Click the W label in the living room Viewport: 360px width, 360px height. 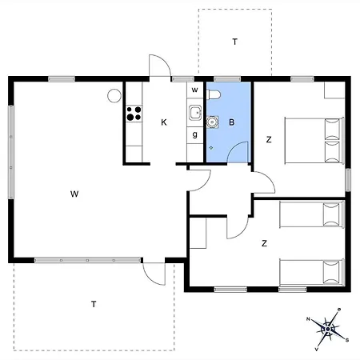74,194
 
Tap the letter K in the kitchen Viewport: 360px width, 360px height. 163,122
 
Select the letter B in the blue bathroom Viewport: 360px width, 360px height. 232,122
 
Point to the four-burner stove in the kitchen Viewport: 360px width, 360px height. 134,114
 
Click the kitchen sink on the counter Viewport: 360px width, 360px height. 194,113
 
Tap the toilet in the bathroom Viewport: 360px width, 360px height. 214,95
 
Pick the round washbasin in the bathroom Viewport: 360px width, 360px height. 212,122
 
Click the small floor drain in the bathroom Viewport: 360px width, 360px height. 210,148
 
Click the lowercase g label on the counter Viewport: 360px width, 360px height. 194,135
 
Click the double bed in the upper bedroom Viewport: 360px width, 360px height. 313,139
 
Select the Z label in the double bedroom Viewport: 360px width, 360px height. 268,140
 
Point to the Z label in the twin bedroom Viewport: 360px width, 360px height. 263,242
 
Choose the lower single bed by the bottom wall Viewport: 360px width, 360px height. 312,272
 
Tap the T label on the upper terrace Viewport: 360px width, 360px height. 234,41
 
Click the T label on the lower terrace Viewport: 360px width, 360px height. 94,304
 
